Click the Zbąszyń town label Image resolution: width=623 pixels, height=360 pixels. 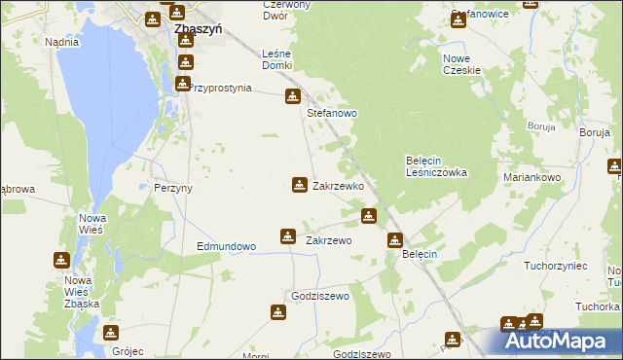pos(198,29)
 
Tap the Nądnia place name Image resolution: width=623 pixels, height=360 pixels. pos(61,43)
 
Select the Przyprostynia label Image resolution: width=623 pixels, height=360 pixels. pos(221,88)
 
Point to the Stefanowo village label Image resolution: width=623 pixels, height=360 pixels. pos(333,113)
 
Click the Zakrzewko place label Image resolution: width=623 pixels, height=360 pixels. pos(338,185)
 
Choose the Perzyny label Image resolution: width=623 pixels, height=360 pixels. pos(173,188)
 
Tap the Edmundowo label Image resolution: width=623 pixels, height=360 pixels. pos(226,246)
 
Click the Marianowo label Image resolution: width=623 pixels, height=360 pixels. pos(532,178)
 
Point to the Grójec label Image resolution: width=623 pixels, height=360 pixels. pos(128,351)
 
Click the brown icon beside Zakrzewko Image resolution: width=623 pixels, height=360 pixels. pos(299,184)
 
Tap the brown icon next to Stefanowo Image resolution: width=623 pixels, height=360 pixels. pos(292,96)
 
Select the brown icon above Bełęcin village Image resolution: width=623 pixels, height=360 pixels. pos(395,239)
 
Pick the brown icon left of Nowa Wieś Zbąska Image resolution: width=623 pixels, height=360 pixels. pos(60,261)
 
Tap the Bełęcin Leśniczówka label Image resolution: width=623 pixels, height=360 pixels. pos(436,166)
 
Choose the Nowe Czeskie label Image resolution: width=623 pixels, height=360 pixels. pos(463,64)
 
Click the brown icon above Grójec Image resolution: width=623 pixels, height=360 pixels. pos(111,333)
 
